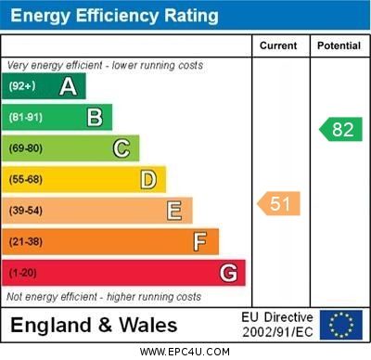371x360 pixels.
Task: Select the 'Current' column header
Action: point(278,45)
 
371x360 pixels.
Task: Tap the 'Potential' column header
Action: point(339,45)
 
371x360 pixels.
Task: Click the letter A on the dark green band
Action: point(68,86)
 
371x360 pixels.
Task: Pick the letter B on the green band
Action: point(95,117)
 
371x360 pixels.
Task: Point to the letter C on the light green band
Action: point(121,148)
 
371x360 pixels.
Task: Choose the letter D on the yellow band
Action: point(147,179)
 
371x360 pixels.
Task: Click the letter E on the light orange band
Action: point(173,211)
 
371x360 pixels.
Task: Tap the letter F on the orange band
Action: point(199,242)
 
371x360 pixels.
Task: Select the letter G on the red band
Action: point(227,274)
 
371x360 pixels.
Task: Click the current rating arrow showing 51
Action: point(279,203)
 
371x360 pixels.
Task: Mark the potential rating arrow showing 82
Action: point(340,129)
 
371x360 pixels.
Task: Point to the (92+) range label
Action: point(22,86)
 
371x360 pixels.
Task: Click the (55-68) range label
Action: point(26,179)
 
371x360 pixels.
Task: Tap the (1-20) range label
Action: point(23,274)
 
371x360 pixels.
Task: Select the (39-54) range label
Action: point(26,211)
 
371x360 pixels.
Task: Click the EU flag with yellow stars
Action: point(341,325)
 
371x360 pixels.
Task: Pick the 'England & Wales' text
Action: point(94,325)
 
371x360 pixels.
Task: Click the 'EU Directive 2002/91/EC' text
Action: point(277,325)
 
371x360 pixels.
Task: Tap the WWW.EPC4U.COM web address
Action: point(185,352)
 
